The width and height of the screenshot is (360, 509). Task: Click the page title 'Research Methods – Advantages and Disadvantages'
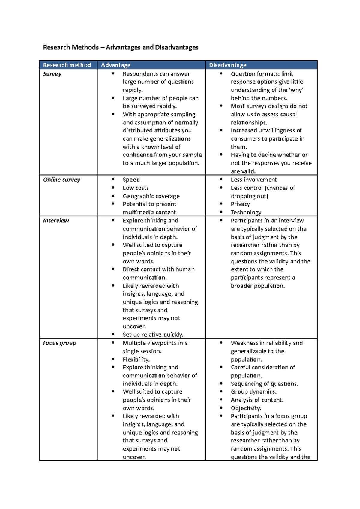pyautogui.click(x=121, y=47)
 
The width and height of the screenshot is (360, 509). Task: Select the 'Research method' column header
pyautogui.click(x=67, y=65)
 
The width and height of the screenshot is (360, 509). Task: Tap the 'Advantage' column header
pyautogui.click(x=116, y=65)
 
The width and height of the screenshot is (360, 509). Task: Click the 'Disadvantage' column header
pyautogui.click(x=228, y=65)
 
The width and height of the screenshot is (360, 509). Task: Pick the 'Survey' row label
pyautogui.click(x=52, y=74)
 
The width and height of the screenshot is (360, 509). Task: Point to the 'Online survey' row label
pyautogui.click(x=61, y=180)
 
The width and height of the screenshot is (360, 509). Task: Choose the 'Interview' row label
pyautogui.click(x=56, y=221)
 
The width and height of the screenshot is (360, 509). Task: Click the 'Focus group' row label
pyautogui.click(x=59, y=343)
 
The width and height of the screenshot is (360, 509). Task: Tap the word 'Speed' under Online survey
pyautogui.click(x=131, y=180)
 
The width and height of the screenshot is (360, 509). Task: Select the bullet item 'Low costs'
pyautogui.click(x=136, y=188)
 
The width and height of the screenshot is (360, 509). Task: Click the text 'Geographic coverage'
pyautogui.click(x=151, y=196)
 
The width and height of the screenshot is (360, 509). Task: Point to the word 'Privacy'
pyautogui.click(x=240, y=204)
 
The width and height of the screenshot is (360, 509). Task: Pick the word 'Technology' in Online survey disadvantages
pyautogui.click(x=246, y=212)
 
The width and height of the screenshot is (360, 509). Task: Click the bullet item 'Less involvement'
pyautogui.click(x=254, y=180)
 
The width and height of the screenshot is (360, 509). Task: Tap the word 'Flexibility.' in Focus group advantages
pyautogui.click(x=136, y=359)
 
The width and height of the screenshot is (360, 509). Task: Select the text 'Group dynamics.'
pyautogui.click(x=254, y=392)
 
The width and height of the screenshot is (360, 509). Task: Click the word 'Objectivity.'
pyautogui.click(x=246, y=408)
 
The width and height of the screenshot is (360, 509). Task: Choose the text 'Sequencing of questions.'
pyautogui.click(x=265, y=384)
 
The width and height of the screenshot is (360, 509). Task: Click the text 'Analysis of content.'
pyautogui.click(x=257, y=400)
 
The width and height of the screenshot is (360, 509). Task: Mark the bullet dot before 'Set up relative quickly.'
pyautogui.click(x=113, y=334)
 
